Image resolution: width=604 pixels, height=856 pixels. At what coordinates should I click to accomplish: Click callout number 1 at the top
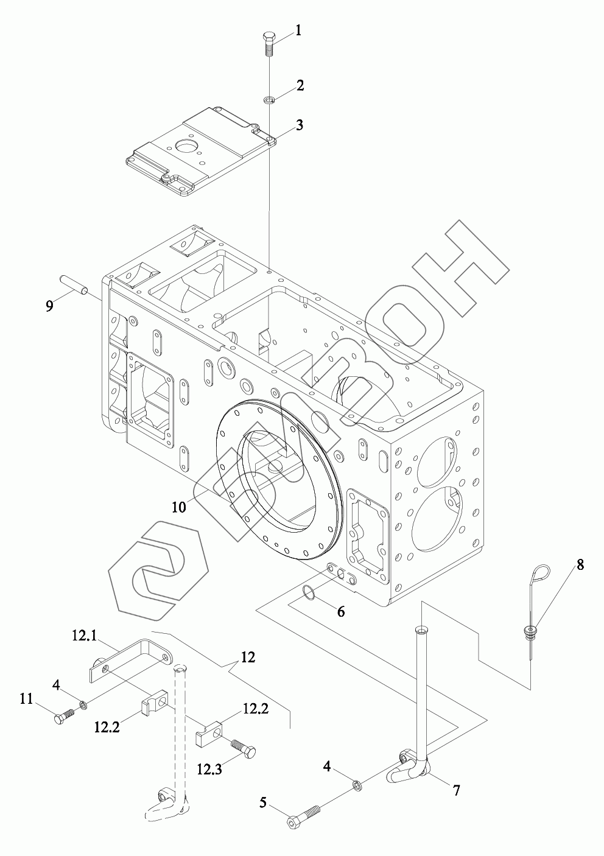(x=298, y=29)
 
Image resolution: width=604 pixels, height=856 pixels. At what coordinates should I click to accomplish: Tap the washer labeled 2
(x=269, y=99)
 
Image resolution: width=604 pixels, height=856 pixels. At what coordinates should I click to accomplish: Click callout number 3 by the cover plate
(x=298, y=125)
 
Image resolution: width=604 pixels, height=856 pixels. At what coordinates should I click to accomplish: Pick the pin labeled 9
(x=74, y=283)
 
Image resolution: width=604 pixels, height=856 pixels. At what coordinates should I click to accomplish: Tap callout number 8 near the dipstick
(x=580, y=564)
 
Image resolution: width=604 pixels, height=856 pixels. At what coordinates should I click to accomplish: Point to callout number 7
(x=455, y=790)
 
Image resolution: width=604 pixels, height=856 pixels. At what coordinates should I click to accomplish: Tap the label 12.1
(x=85, y=636)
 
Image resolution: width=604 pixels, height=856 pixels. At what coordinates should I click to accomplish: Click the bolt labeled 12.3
(x=242, y=748)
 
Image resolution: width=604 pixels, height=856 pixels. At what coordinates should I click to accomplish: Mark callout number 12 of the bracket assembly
(x=248, y=657)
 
